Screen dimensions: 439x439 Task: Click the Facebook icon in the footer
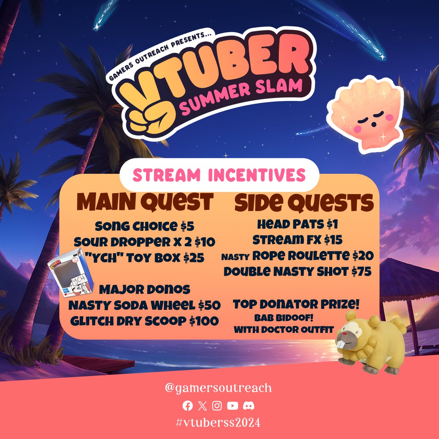(x=188, y=406)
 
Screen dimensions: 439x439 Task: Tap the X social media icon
(x=202, y=406)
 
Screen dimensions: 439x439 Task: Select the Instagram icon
(x=217, y=406)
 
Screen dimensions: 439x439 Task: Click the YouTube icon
(x=232, y=406)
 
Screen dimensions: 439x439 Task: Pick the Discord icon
(x=248, y=406)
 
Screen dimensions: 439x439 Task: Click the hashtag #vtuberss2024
(x=218, y=423)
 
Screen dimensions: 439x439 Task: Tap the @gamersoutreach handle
(x=218, y=388)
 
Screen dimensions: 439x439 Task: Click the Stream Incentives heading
(x=219, y=175)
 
